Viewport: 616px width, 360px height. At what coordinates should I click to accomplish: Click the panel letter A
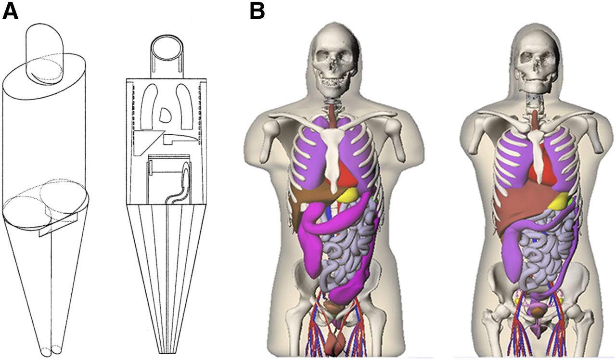click(x=10, y=11)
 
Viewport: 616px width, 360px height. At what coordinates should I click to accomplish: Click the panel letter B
click(x=257, y=11)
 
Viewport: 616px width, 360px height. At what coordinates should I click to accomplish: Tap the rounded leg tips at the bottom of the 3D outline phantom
click(x=51, y=350)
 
